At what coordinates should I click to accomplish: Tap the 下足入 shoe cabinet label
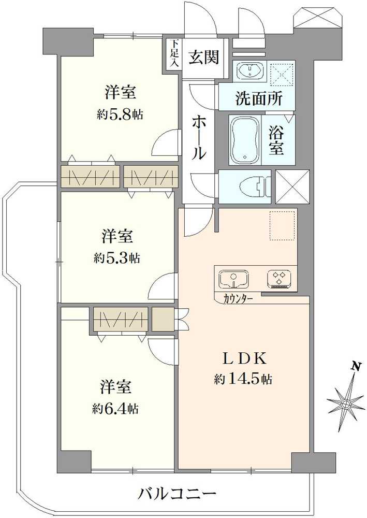174,54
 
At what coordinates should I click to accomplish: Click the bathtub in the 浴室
245,140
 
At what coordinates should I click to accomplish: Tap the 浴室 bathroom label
275,140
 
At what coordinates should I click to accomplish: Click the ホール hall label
200,138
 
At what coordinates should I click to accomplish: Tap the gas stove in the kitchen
281,279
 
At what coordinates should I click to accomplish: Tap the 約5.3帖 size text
117,257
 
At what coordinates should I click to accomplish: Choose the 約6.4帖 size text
115,409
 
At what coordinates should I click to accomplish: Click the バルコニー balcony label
177,494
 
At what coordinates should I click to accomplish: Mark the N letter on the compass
356,367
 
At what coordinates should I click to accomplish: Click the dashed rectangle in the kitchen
283,226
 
